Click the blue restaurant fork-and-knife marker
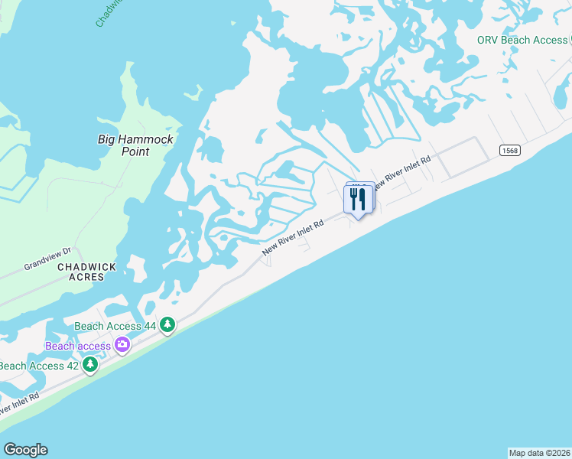tap(358, 199)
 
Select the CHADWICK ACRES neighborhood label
tap(86, 272)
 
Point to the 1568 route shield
tap(510, 151)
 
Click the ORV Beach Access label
tap(522, 40)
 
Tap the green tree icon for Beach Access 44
tap(167, 325)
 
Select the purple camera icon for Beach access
tap(122, 346)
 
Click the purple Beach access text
tap(78, 346)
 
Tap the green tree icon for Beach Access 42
tap(89, 365)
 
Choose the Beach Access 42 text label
tap(38, 366)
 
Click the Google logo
tap(25, 450)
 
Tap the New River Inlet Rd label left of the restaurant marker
tap(294, 238)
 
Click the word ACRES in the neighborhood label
tap(86, 278)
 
